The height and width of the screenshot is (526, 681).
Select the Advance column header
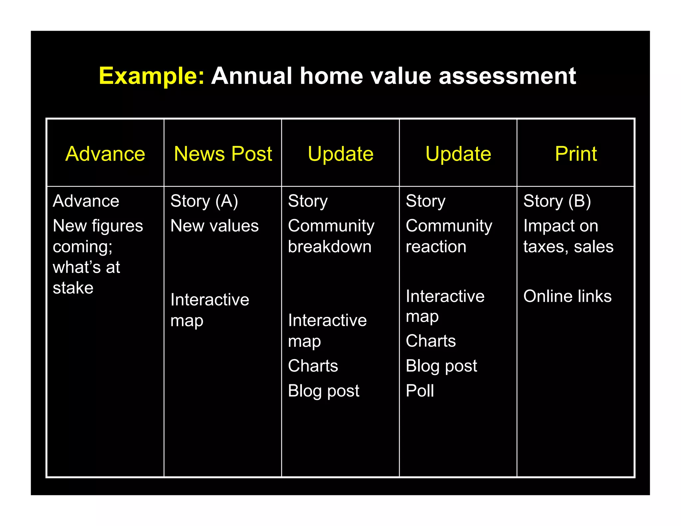point(105,154)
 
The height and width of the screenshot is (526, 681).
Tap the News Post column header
point(223,154)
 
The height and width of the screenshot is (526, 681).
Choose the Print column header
point(576,154)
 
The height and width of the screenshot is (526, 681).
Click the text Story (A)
point(204,201)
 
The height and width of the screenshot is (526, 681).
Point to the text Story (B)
point(557,201)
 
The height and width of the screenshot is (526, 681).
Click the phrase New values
point(214,226)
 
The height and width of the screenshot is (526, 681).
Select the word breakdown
point(329,247)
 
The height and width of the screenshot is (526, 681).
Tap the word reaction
point(436,247)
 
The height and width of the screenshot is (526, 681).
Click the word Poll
point(420,390)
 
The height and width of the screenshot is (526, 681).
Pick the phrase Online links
point(567,296)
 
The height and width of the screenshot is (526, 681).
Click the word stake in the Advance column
point(73,288)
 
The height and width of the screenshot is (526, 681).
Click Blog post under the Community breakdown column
point(323,391)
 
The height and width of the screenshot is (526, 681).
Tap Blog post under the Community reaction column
point(441,366)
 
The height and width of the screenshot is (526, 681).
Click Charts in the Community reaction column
point(430,341)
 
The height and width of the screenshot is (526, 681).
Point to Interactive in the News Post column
point(209,300)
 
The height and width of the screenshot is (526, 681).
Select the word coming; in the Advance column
point(82,247)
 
